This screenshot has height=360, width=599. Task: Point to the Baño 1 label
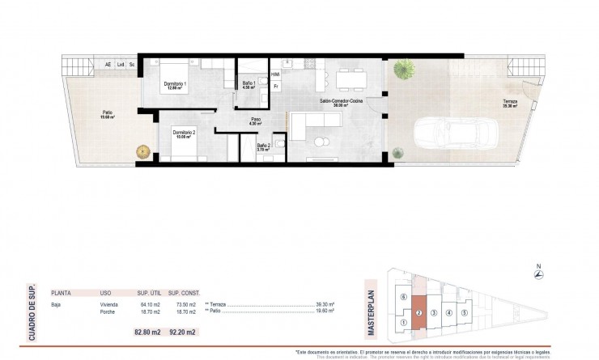click(x=249, y=85)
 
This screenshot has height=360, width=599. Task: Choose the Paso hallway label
click(x=255, y=120)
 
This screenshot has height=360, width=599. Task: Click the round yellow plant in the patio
click(x=143, y=150)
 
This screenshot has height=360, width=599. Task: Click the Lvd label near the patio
click(x=120, y=64)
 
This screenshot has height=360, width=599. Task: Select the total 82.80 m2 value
click(x=147, y=332)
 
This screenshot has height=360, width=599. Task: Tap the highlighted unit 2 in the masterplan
click(x=418, y=312)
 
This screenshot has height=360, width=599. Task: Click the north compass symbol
click(x=539, y=276)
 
